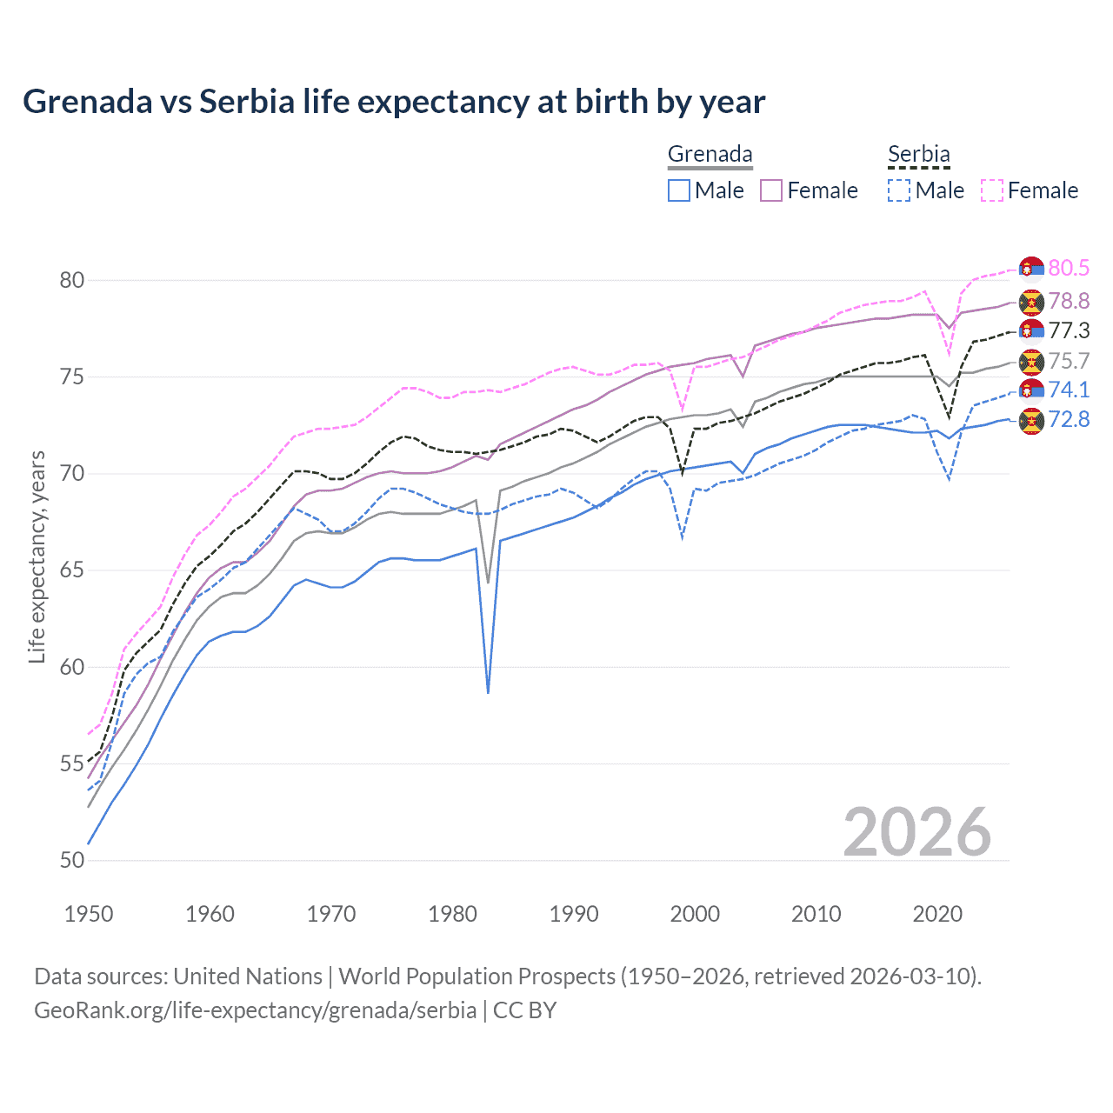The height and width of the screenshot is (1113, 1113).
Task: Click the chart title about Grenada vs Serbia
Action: pyautogui.click(x=394, y=102)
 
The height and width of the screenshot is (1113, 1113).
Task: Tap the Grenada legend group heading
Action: pyautogui.click(x=710, y=155)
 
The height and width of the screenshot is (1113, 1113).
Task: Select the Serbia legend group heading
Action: pyautogui.click(x=918, y=155)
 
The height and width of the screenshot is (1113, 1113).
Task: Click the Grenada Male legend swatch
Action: pyautogui.click(x=679, y=190)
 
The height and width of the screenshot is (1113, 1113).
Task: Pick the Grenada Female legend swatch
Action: pyautogui.click(x=771, y=190)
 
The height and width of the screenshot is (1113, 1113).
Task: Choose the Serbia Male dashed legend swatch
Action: pyautogui.click(x=899, y=190)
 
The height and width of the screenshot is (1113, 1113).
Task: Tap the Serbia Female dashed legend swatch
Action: pyautogui.click(x=992, y=190)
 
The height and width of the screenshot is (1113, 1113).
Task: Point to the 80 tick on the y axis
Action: pyautogui.click(x=72, y=280)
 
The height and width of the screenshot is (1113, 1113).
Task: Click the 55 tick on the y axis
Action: pyautogui.click(x=72, y=764)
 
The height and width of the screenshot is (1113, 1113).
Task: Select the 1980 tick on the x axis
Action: pyautogui.click(x=452, y=914)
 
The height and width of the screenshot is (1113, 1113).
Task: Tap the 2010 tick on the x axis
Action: pyautogui.click(x=816, y=914)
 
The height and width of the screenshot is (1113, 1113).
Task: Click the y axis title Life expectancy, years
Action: pyautogui.click(x=37, y=556)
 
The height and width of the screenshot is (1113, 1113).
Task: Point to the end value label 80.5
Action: pyautogui.click(x=1069, y=268)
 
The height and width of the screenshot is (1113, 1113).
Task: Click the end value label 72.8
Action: pyautogui.click(x=1069, y=419)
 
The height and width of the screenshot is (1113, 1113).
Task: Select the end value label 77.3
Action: pyautogui.click(x=1069, y=330)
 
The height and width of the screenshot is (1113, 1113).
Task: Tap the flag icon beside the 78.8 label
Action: pyautogui.click(x=1031, y=302)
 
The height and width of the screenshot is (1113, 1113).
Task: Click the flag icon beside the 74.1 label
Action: pyautogui.click(x=1031, y=390)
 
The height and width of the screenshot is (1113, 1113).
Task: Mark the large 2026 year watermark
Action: pyautogui.click(x=916, y=832)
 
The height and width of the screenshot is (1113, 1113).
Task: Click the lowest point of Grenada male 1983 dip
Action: pyautogui.click(x=488, y=692)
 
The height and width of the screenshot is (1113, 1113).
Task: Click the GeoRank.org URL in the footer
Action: pyautogui.click(x=255, y=1010)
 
